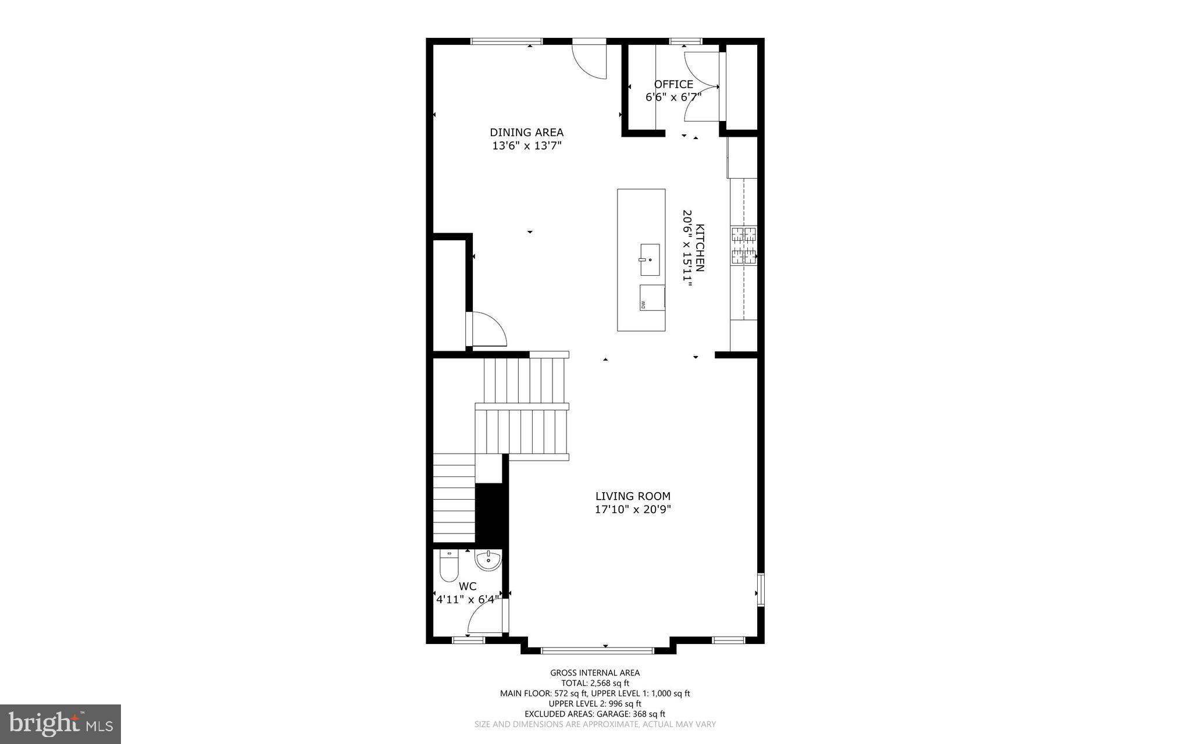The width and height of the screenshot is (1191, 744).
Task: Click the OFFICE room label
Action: [673, 84]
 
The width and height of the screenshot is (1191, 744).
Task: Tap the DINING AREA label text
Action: [526, 133]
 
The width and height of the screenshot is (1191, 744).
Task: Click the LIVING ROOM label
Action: [633, 496]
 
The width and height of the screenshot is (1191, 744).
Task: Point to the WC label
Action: [468, 586]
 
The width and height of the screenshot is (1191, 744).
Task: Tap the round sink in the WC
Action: [488, 560]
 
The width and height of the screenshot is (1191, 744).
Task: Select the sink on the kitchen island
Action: [650, 259]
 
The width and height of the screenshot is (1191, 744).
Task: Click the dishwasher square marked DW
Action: [652, 297]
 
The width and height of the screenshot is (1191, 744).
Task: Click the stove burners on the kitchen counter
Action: [744, 245]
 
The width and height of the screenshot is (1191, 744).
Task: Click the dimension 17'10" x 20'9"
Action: [633, 510]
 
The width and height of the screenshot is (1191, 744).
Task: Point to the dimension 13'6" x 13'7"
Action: [526, 146]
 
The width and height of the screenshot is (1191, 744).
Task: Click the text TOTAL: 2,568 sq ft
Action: [595, 683]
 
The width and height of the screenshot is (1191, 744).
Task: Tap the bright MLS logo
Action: [60, 724]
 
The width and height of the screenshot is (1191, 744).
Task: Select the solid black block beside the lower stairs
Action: [492, 514]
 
